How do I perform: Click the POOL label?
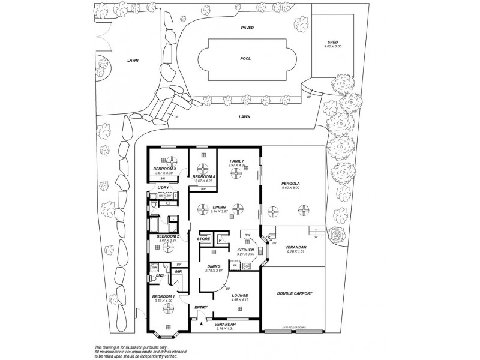245,59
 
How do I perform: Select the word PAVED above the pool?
247,28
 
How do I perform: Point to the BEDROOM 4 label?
204,176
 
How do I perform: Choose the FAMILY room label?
236,161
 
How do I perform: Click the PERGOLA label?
290,183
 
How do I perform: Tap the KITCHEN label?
247,250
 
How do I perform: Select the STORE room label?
203,239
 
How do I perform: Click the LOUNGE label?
240,295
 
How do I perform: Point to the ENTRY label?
201,308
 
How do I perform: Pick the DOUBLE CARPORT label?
293,293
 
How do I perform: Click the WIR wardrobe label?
178,272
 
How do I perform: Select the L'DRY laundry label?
163,188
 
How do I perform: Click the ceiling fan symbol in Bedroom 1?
165,308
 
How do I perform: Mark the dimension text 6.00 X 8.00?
290,188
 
